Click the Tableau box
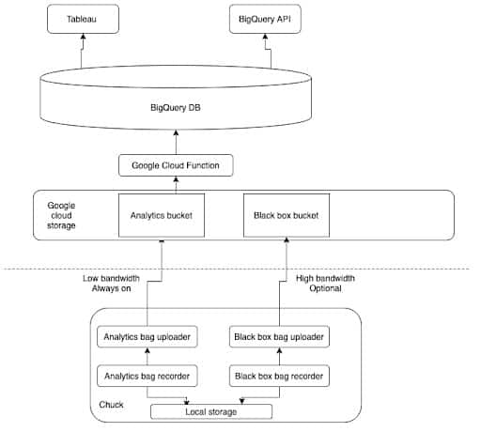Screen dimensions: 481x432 point(83,19)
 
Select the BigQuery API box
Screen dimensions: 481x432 point(265,19)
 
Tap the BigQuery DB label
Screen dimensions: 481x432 point(176,108)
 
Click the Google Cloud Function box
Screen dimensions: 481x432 point(176,165)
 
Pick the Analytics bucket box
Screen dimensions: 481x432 point(162,215)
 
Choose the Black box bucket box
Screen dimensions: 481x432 point(287,215)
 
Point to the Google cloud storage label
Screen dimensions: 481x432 point(61,215)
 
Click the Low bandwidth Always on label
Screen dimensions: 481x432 point(111,284)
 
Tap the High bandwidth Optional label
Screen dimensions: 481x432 point(325,284)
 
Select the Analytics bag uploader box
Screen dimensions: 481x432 point(147,337)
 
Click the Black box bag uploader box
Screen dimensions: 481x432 point(279,337)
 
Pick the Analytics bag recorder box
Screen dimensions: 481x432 point(147,376)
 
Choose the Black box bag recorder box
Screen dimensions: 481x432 point(279,376)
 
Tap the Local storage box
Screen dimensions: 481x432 point(211,411)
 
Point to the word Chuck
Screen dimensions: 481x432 point(111,405)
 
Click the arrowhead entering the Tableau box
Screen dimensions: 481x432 point(83,37)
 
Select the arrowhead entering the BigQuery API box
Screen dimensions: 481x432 point(265,37)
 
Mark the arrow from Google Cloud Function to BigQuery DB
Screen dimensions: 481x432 point(176,142)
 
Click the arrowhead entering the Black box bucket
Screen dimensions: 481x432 point(287,240)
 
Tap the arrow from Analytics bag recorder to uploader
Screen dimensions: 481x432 point(147,356)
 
